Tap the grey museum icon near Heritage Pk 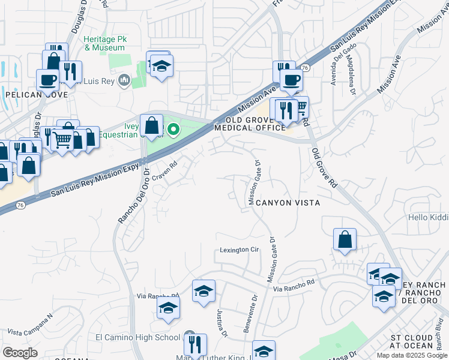[x=125, y=80]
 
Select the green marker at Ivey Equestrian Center [x=174, y=129]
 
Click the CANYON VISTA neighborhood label [x=288, y=203]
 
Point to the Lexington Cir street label [x=238, y=250]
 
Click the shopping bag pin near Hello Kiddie [x=345, y=240]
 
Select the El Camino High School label [x=142, y=337]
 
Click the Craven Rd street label [x=165, y=172]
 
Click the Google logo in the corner [x=20, y=353]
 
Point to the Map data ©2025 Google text [x=412, y=355]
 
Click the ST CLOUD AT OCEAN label [x=411, y=341]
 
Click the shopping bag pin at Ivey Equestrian [x=152, y=126]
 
